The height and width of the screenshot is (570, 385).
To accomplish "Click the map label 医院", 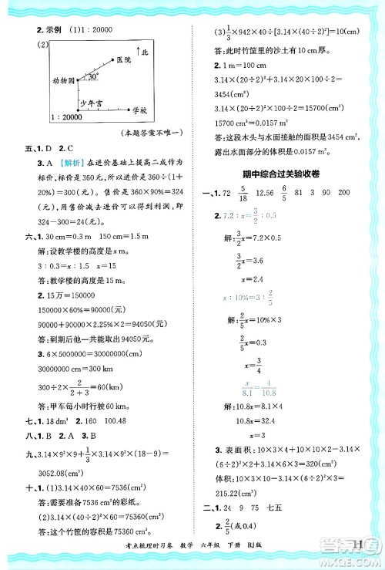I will [x=132, y=59].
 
